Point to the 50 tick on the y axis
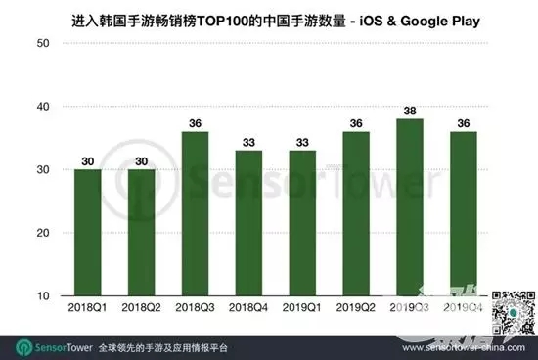point(43,43)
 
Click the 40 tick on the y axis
point(43,107)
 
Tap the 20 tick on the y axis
point(43,233)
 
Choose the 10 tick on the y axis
point(43,295)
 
